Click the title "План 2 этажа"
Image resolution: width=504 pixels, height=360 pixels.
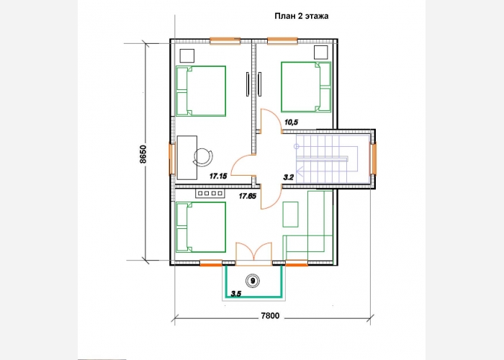[301, 16]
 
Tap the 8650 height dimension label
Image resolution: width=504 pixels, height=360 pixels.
[143, 154]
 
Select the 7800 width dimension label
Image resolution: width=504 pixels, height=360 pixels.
[270, 316]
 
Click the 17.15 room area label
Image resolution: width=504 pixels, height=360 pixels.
[218, 176]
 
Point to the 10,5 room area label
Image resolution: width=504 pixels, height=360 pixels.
[291, 122]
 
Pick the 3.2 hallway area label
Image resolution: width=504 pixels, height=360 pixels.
[288, 177]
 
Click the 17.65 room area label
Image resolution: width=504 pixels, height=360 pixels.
[247, 196]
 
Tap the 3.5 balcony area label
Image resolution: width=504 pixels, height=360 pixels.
[236, 294]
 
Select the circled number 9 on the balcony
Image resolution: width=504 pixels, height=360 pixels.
[253, 281]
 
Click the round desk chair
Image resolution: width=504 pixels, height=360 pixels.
[203, 157]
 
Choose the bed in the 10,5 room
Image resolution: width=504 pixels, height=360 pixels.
[306, 87]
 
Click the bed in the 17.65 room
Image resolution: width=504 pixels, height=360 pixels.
[201, 227]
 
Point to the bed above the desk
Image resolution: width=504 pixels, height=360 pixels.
[201, 91]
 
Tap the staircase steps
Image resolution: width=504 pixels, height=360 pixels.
[327, 159]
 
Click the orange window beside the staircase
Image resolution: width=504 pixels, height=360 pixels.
[374, 159]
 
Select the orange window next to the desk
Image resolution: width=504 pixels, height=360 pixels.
[172, 159]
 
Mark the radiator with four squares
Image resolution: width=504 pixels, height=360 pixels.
[210, 193]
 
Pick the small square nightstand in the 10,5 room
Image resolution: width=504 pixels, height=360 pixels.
[321, 53]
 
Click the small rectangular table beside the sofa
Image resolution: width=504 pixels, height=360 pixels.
[291, 215]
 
